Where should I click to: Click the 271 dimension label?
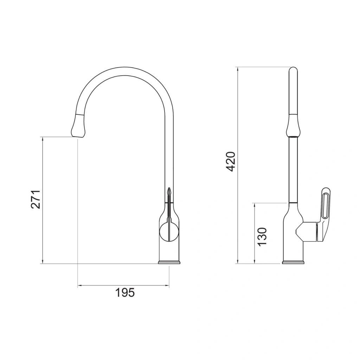(36, 199)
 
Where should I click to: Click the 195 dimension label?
(125, 292)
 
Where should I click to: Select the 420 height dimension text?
(231, 162)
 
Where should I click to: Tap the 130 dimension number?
(262, 237)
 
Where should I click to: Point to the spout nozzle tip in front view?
(78, 137)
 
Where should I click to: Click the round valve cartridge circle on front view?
(169, 232)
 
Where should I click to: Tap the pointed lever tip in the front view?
(169, 188)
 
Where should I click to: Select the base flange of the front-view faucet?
(169, 262)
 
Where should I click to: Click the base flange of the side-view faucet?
(293, 262)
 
